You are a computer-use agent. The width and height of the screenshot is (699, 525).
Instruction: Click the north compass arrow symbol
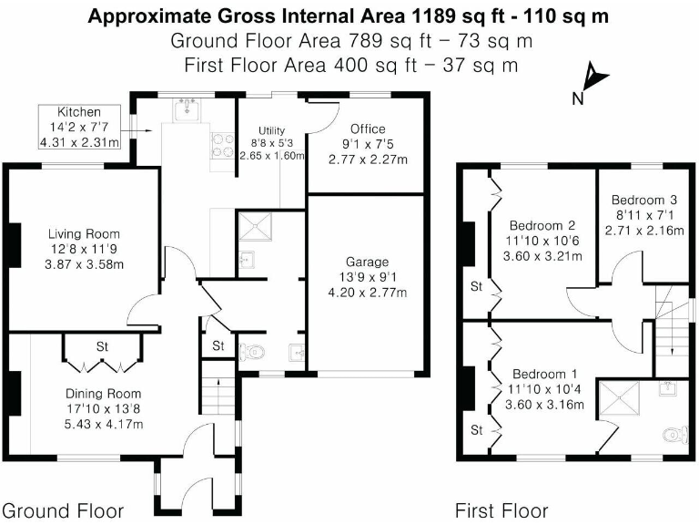(x=593, y=77)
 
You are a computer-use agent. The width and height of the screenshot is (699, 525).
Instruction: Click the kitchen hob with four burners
(x=221, y=146)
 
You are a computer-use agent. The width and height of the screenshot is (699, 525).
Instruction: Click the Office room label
(x=368, y=129)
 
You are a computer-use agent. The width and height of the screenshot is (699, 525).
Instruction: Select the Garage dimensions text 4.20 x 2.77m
(x=367, y=293)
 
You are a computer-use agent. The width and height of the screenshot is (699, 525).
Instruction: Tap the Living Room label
(x=84, y=234)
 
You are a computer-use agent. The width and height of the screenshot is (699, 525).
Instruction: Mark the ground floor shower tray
(x=257, y=225)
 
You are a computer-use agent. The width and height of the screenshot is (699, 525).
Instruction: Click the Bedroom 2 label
(x=542, y=225)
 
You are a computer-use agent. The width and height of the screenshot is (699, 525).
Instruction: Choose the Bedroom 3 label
(x=643, y=201)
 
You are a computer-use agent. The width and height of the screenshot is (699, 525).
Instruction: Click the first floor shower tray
(x=625, y=397)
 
